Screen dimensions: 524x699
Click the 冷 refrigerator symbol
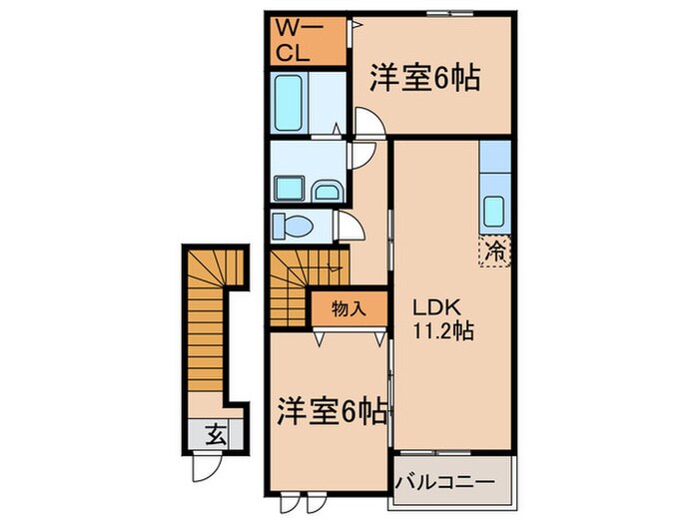pyautogui.click(x=495, y=253)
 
